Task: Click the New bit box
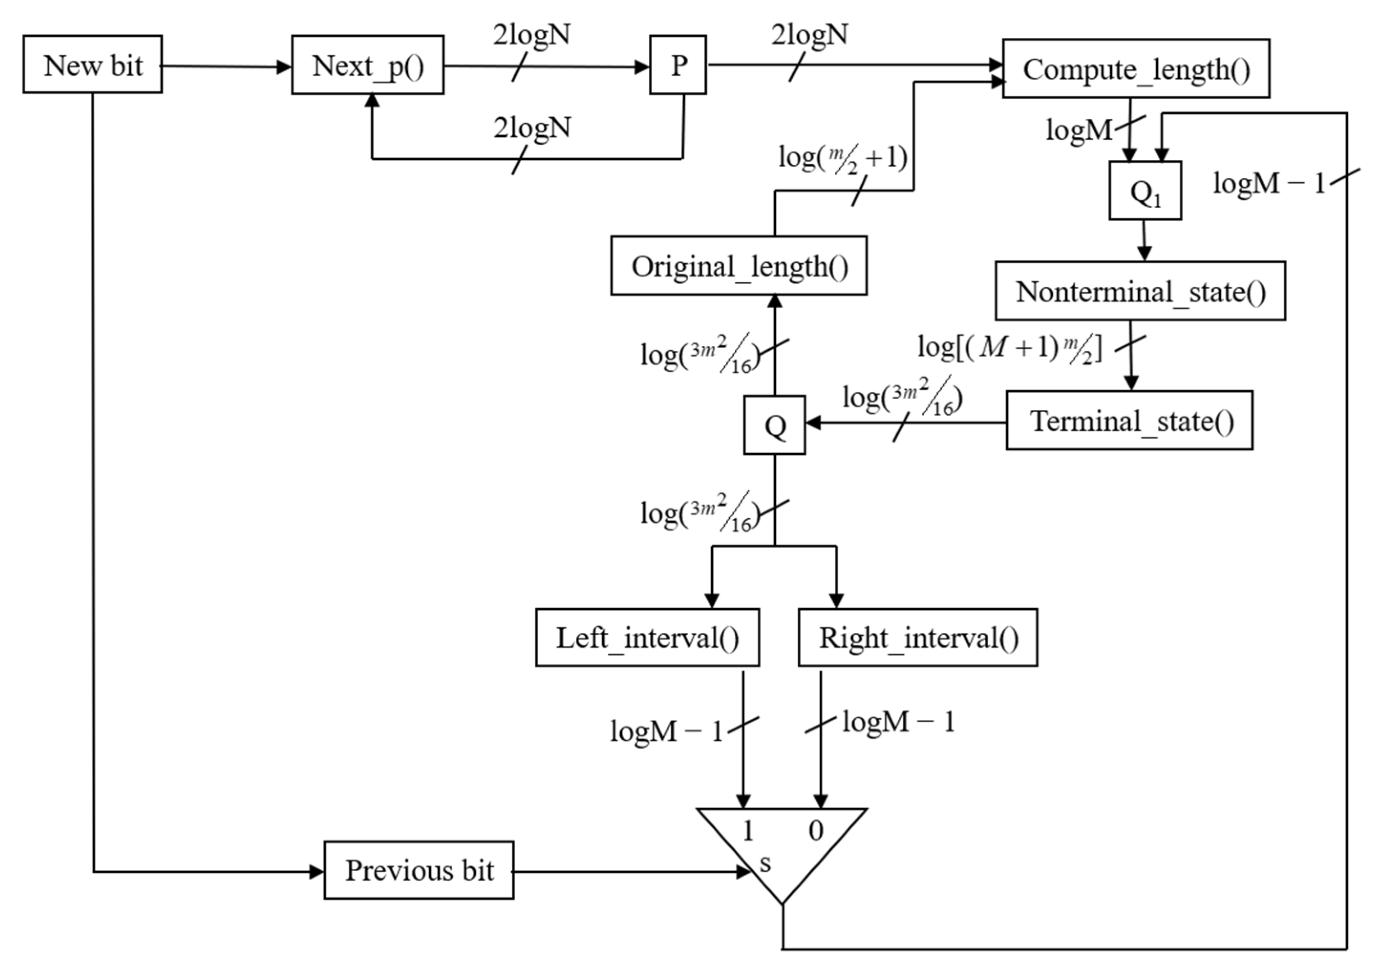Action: (93, 64)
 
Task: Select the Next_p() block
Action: (368, 64)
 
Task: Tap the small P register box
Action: (677, 64)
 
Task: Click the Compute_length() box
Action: (1135, 69)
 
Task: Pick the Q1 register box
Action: (1144, 191)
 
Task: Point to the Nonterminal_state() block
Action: (1140, 291)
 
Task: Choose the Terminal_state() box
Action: (1129, 420)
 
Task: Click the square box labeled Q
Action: (774, 425)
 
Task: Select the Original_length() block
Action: (739, 266)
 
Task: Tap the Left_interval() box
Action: (647, 638)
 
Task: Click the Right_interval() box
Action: (918, 638)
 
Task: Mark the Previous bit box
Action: (419, 870)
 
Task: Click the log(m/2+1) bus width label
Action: (842, 159)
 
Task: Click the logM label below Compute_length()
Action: (1078, 129)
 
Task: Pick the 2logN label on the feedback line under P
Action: (532, 128)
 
